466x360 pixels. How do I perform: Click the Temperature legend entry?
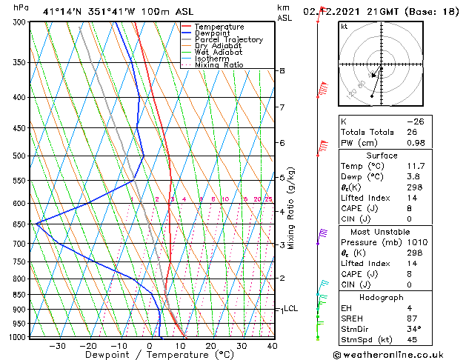(x=218, y=27)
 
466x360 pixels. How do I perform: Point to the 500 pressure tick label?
(x=19, y=156)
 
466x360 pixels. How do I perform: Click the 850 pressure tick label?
(x=19, y=295)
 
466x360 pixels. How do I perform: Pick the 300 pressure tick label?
(x=19, y=22)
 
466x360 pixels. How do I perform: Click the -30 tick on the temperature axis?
(x=57, y=346)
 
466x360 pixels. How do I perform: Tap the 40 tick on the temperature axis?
(x=272, y=346)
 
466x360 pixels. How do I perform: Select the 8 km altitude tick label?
(x=282, y=71)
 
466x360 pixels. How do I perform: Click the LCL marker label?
(x=290, y=309)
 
